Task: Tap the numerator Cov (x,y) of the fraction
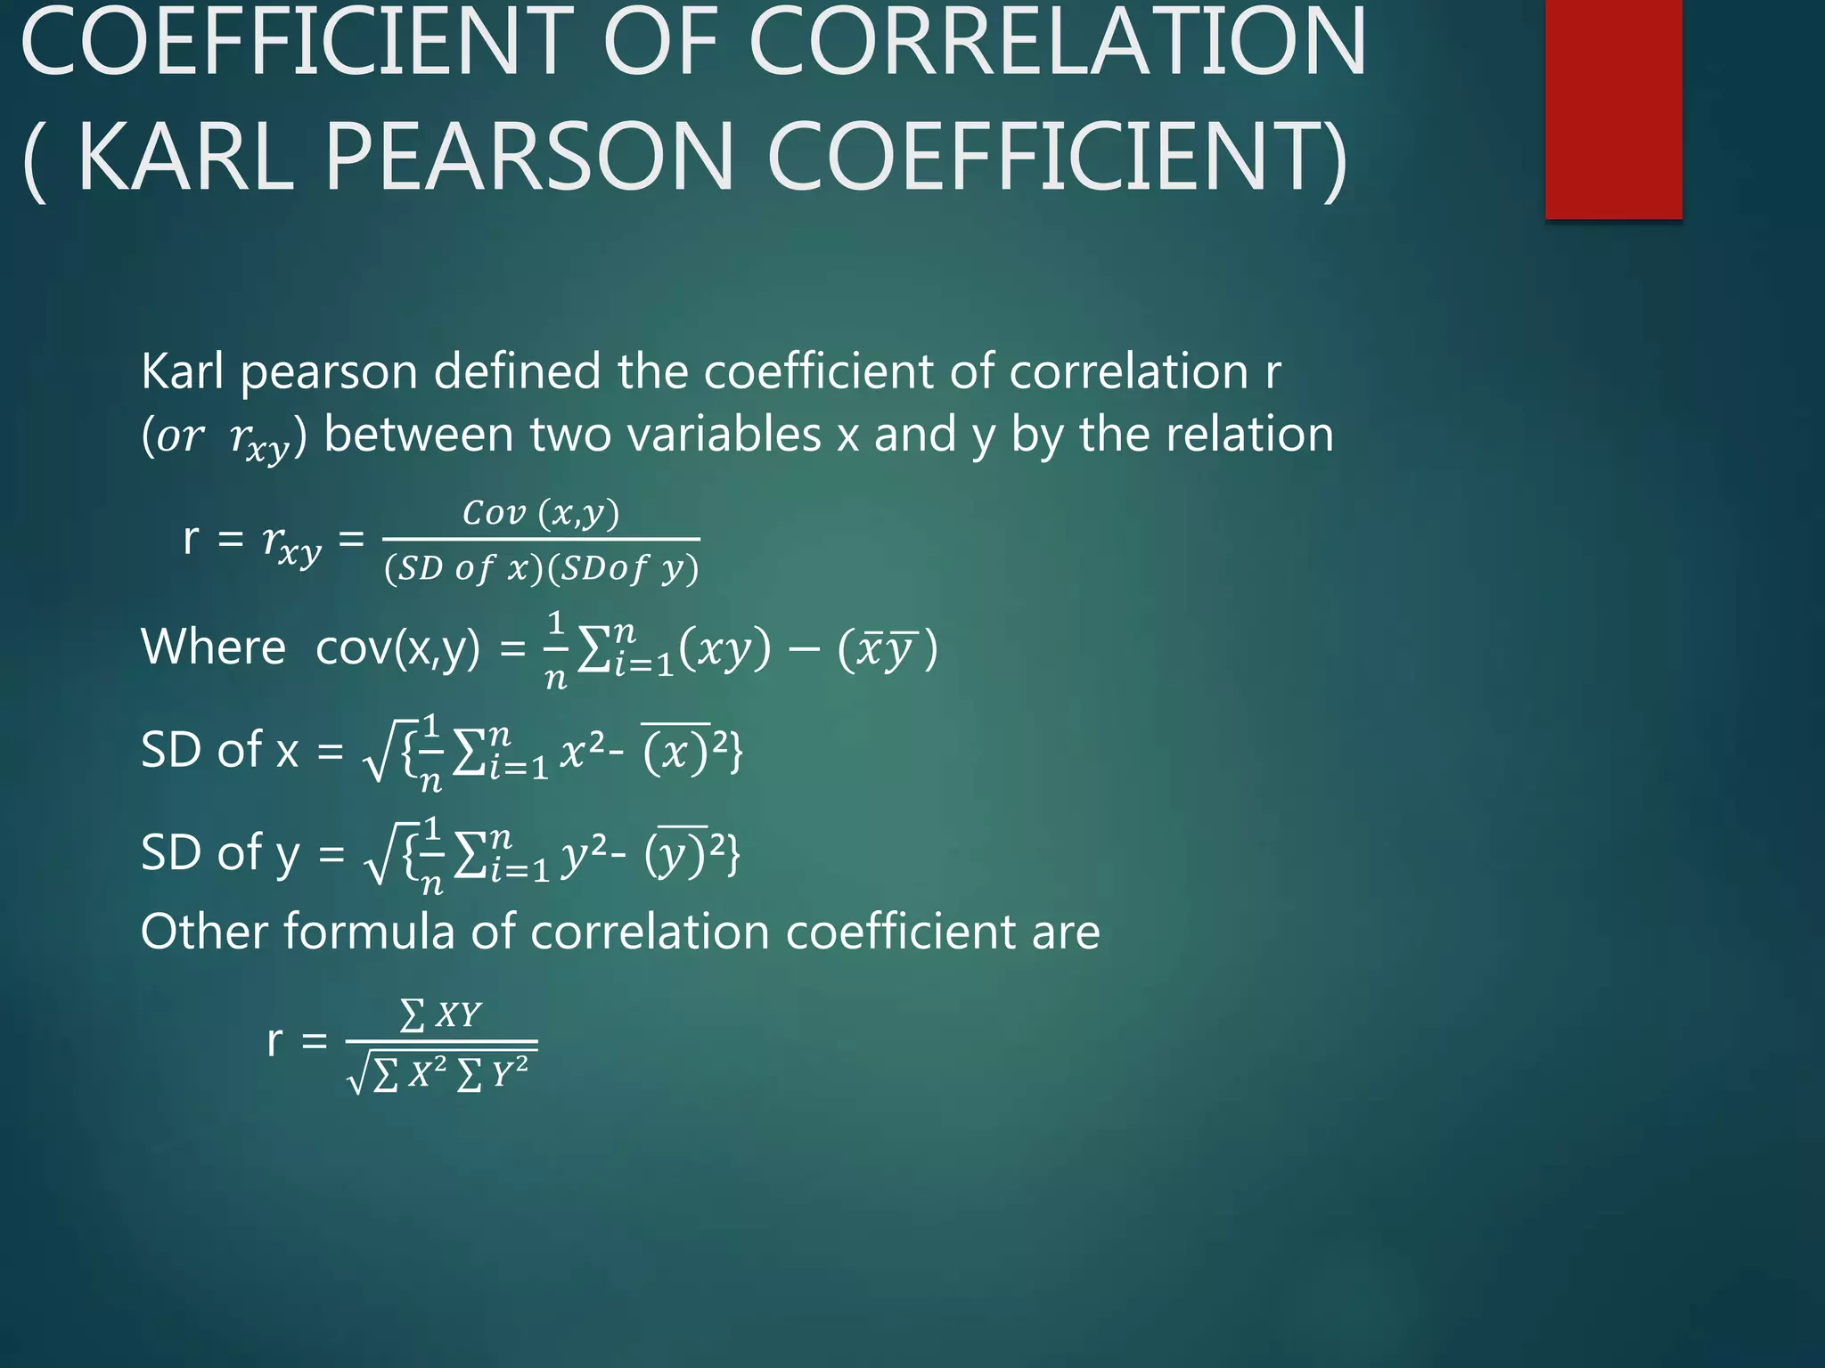pyautogui.click(x=541, y=513)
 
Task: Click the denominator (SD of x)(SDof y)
pyautogui.click(x=541, y=568)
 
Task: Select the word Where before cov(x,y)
pyautogui.click(x=213, y=647)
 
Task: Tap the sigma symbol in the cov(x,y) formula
pyautogui.click(x=593, y=650)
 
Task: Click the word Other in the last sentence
pyautogui.click(x=204, y=932)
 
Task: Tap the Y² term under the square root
pyautogui.click(x=509, y=1073)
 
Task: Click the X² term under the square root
pyautogui.click(x=427, y=1073)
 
